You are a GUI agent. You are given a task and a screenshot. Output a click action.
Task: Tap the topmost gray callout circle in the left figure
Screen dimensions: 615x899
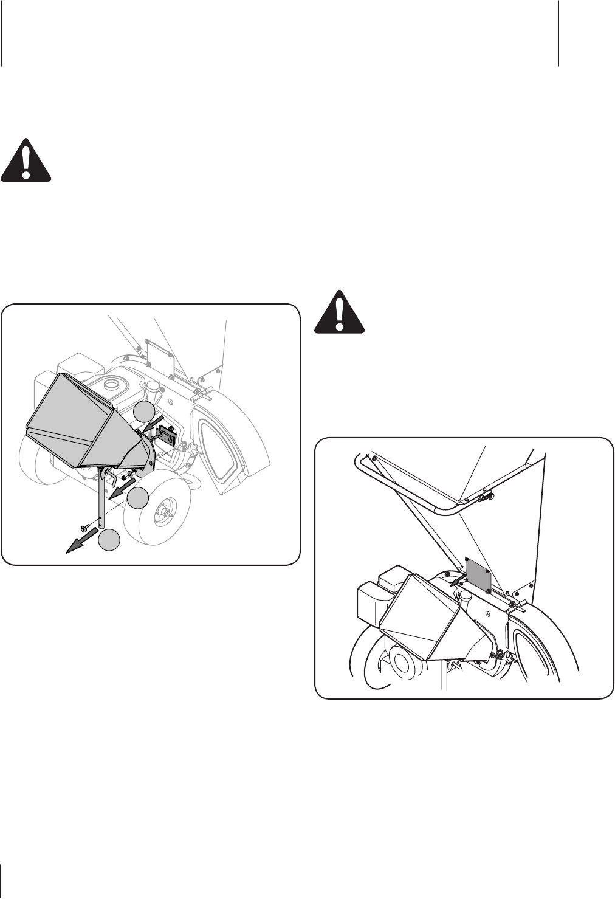145,412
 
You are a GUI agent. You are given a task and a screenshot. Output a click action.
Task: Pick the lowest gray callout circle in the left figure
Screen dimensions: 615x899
110,540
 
